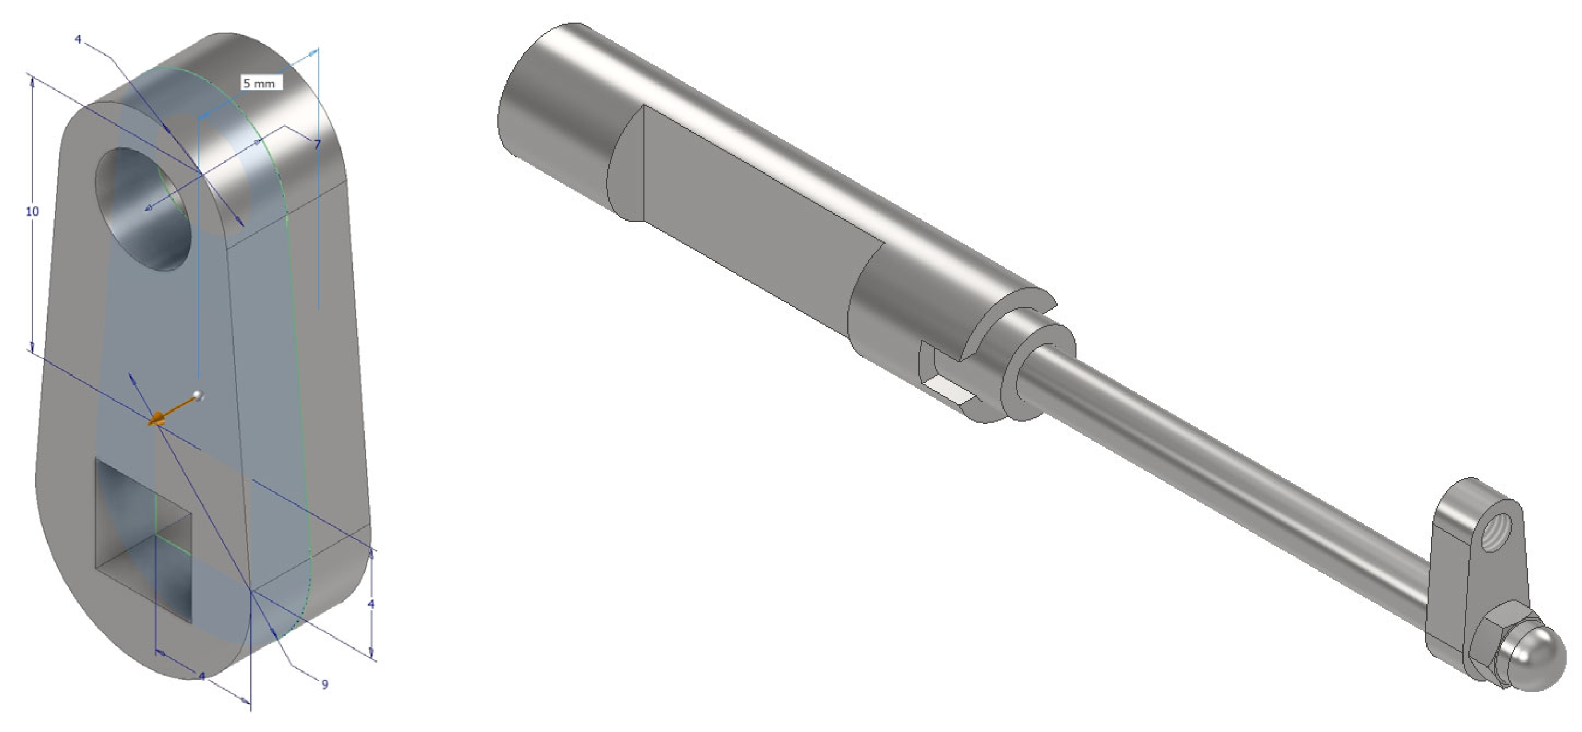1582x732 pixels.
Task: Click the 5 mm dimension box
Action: pos(261,82)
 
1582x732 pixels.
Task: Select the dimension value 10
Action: pos(32,211)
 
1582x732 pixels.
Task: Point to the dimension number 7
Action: pos(317,144)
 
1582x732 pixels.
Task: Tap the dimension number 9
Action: pos(325,684)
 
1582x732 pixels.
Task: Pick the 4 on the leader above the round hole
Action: pos(78,39)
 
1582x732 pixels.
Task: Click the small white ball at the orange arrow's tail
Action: pos(197,395)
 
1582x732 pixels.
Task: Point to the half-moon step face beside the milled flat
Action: pos(625,169)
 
